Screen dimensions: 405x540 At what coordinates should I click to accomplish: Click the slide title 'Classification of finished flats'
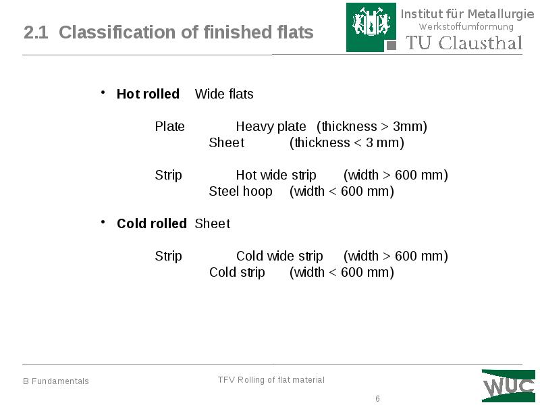(x=186, y=32)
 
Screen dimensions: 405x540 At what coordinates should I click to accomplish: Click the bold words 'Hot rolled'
(x=148, y=94)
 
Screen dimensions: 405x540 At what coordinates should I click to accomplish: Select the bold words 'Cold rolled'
(x=151, y=223)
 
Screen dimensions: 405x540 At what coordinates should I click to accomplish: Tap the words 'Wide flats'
(x=224, y=94)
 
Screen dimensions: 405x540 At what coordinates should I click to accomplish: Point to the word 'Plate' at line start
(x=169, y=127)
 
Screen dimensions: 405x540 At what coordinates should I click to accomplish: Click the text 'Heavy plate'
(x=271, y=127)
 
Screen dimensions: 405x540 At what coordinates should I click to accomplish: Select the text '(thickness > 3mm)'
(x=372, y=127)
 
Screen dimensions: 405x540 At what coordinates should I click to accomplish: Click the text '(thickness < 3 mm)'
(x=346, y=143)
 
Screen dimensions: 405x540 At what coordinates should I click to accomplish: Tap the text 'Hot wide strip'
(x=276, y=175)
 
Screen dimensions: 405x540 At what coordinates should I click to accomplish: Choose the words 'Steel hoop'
(x=240, y=192)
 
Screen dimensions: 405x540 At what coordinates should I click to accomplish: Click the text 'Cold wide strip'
(x=279, y=256)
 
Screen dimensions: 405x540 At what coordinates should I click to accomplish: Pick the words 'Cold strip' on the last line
(x=237, y=273)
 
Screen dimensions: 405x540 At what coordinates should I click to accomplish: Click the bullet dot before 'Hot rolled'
(x=103, y=92)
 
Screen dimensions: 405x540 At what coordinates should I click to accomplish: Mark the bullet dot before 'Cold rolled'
(x=103, y=221)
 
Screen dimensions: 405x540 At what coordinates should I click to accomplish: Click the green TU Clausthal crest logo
(x=372, y=27)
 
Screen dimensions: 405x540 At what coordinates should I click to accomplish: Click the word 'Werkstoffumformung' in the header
(x=466, y=27)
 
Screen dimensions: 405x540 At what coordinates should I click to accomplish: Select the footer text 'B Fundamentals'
(x=56, y=381)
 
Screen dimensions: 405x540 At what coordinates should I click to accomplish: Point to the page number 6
(x=378, y=399)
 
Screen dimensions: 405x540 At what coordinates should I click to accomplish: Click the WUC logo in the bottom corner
(x=508, y=386)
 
